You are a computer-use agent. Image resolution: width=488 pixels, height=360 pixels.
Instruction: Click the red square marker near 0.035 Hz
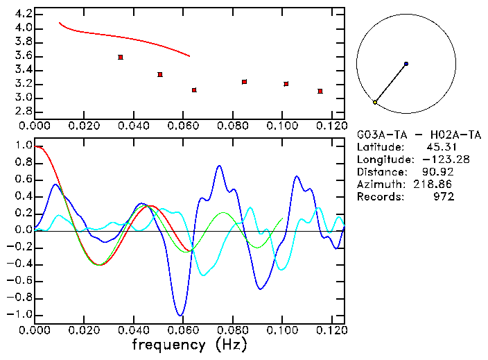point(121,57)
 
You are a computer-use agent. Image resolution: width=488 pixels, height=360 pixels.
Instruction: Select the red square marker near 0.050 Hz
point(160,74)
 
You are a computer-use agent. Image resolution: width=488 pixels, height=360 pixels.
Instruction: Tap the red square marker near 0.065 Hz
point(194,90)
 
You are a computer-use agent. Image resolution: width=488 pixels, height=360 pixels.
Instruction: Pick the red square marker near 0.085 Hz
point(245,82)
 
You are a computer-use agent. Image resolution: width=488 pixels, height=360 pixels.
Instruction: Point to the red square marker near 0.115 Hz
point(320,91)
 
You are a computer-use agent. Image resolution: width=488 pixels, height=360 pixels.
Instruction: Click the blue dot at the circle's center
point(406,64)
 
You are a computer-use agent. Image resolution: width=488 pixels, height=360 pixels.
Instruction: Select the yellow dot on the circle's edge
point(375,102)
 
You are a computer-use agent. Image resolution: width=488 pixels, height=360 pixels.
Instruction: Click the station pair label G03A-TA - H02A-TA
point(419,135)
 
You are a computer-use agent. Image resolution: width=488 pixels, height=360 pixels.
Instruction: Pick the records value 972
point(444,197)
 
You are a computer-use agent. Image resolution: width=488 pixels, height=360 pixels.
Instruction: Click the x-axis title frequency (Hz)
point(189,344)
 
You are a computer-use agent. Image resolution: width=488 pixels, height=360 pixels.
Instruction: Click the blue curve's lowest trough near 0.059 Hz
point(180,315)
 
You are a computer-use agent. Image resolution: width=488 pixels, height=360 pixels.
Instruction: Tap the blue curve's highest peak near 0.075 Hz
point(219,166)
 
